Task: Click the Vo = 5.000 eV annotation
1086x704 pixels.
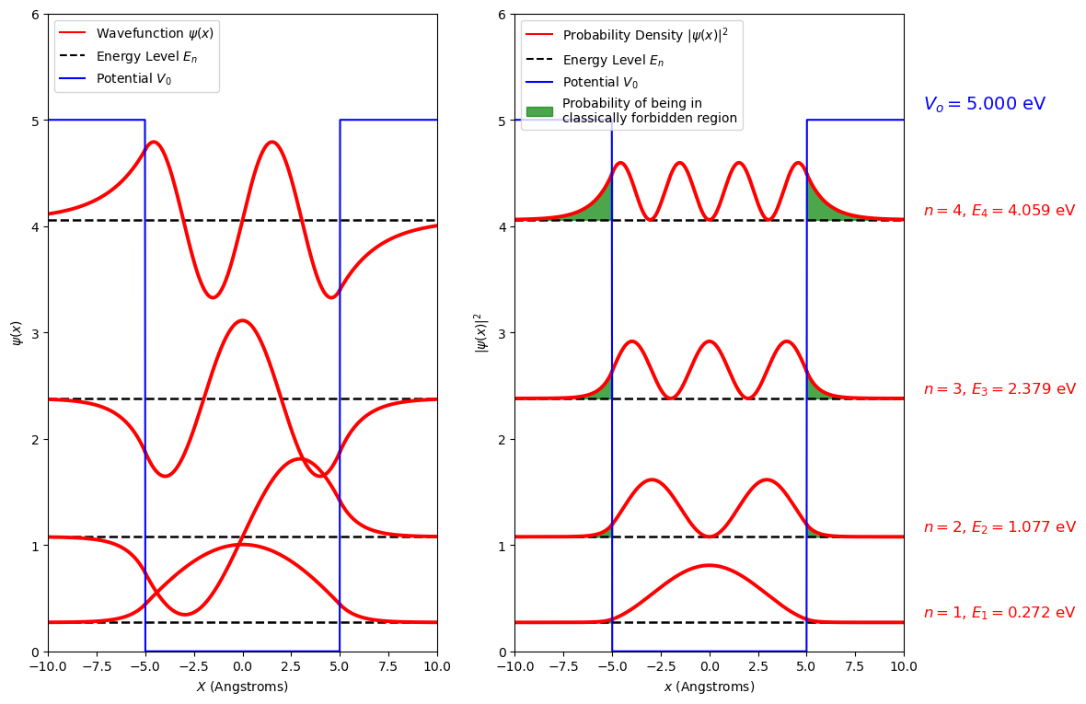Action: pos(984,104)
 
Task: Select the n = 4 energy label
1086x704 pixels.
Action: pos(999,211)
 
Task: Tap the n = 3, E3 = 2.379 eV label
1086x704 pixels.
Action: pos(999,389)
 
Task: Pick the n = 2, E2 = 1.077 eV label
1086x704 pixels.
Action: pos(999,527)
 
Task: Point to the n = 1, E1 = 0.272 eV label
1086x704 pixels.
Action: pos(999,613)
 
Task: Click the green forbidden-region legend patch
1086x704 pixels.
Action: pos(539,110)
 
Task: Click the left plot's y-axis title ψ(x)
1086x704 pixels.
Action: pos(16,332)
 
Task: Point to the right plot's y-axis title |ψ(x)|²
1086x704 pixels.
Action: pos(480,332)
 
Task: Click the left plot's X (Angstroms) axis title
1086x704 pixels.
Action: pos(242,687)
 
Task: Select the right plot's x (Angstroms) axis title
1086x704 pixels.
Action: pos(709,687)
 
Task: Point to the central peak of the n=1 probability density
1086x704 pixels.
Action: pos(709,566)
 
